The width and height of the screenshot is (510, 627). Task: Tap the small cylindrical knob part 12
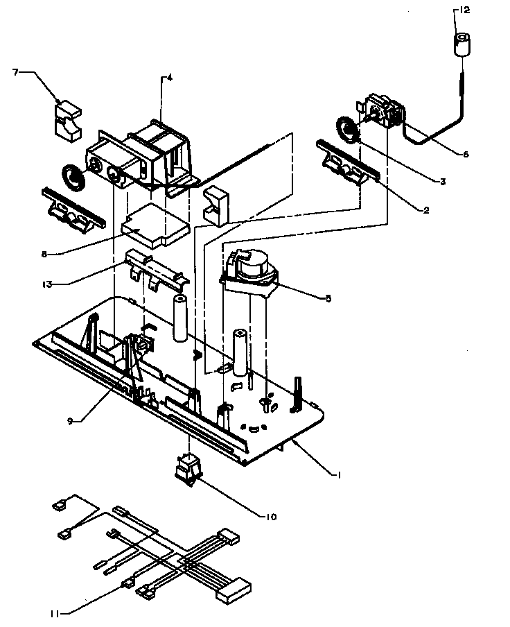(463, 45)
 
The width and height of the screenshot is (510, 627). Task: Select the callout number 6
(465, 154)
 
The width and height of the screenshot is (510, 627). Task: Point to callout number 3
(441, 181)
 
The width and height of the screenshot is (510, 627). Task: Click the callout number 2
(425, 209)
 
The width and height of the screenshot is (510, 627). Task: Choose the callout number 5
(328, 298)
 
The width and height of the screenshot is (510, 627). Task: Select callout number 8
(44, 254)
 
